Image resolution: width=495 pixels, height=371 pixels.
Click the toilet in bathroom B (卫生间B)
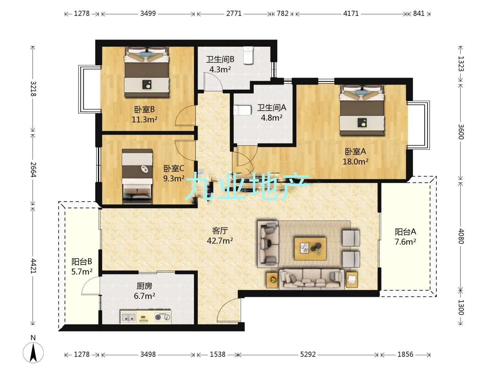click(248, 55)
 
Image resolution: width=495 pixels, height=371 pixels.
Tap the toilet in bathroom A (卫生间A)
click(242, 110)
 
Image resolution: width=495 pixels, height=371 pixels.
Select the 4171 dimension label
click(351, 13)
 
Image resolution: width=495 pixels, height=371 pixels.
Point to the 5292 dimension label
click(308, 354)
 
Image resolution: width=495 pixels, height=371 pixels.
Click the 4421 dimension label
click(33, 266)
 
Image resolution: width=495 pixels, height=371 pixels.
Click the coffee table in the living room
click(310, 248)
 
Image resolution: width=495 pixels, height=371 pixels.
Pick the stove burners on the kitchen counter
click(162, 317)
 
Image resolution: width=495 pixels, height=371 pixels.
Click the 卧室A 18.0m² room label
click(355, 156)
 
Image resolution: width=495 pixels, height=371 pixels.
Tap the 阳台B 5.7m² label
click(81, 267)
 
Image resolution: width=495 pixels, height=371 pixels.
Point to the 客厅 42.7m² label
click(220, 236)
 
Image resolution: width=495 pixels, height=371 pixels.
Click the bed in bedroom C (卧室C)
click(137, 176)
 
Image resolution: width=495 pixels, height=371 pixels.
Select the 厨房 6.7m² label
click(144, 291)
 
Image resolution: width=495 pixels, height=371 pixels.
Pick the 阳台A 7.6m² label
click(405, 237)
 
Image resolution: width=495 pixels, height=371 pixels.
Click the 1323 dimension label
click(461, 64)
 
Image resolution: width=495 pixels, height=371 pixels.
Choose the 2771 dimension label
click(234, 13)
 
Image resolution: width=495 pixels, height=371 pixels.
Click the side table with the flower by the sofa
click(272, 280)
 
